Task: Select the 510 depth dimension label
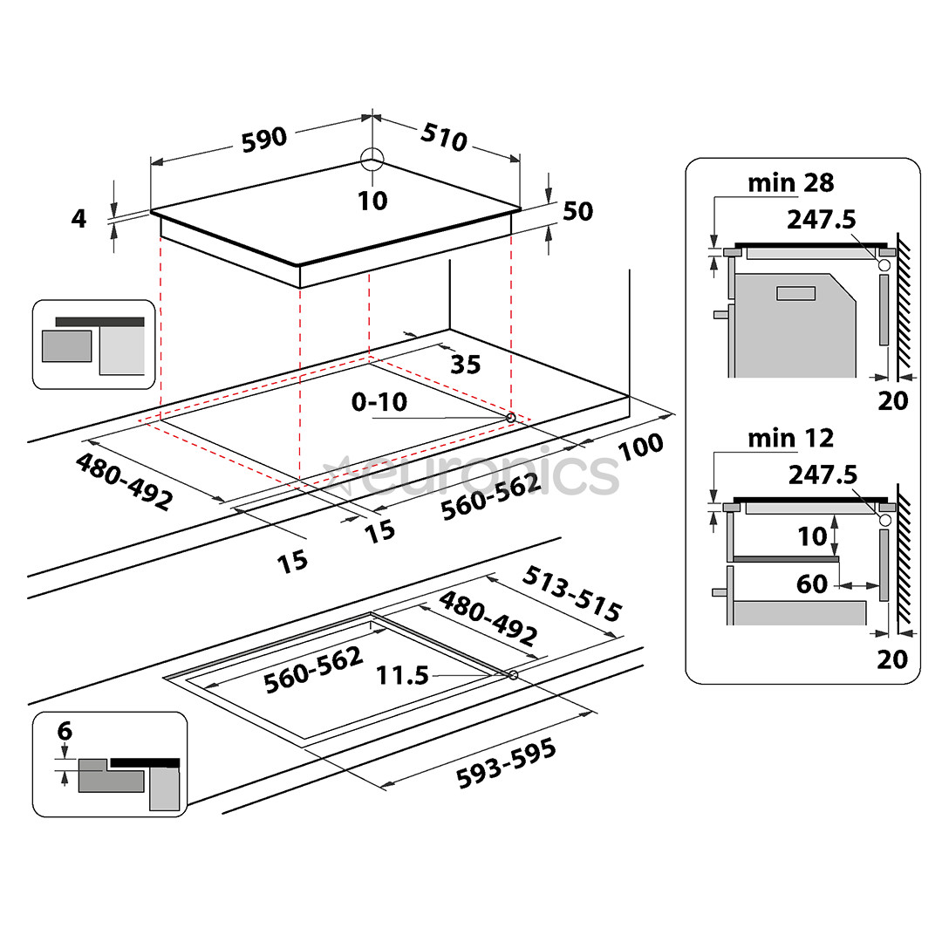click(445, 137)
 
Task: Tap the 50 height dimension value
click(577, 211)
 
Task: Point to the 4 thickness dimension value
click(79, 218)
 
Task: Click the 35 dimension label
click(465, 364)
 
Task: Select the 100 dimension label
click(641, 445)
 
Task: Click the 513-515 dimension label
click(572, 593)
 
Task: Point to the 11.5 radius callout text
click(403, 674)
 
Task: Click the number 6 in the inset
click(64, 731)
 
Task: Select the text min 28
click(790, 182)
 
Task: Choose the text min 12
click(790, 437)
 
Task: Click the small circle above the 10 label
click(372, 160)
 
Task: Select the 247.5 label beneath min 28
click(821, 219)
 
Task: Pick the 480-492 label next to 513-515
click(488, 618)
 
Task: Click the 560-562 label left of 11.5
click(313, 669)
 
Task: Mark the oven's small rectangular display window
click(795, 293)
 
